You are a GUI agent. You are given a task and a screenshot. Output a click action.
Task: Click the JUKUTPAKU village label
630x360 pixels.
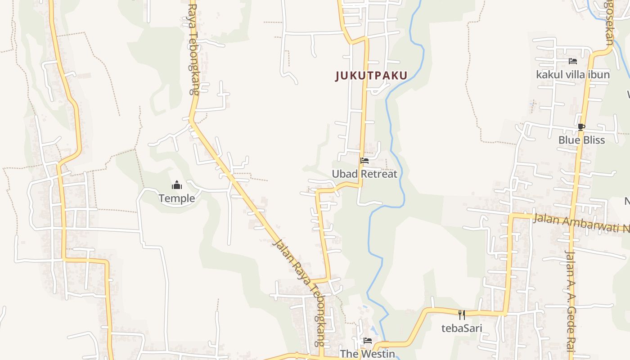pos(371,76)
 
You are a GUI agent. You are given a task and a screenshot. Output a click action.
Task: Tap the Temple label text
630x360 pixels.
pos(177,198)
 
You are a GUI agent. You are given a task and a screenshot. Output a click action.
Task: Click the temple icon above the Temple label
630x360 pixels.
pos(177,185)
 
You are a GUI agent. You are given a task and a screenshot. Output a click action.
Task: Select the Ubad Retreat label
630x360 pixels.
pos(364,174)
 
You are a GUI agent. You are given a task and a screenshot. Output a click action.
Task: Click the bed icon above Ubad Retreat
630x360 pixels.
pos(364,161)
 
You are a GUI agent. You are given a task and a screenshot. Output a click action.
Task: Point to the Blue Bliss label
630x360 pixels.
pos(581,140)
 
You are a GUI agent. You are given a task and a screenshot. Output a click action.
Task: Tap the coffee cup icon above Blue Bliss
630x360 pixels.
pos(581,127)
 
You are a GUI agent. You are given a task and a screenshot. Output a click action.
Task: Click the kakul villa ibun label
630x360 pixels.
pos(573,75)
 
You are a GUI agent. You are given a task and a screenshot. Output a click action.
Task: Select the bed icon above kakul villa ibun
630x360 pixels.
pos(573,61)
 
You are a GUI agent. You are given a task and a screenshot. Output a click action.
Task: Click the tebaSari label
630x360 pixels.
pos(462,328)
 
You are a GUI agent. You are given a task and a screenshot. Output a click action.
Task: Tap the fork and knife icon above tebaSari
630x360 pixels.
pos(462,315)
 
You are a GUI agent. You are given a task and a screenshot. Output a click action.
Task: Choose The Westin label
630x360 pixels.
pos(367,354)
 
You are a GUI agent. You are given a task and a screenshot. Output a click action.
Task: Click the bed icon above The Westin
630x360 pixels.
pos(368,341)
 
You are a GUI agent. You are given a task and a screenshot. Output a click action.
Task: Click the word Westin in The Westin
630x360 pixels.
pos(378,354)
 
